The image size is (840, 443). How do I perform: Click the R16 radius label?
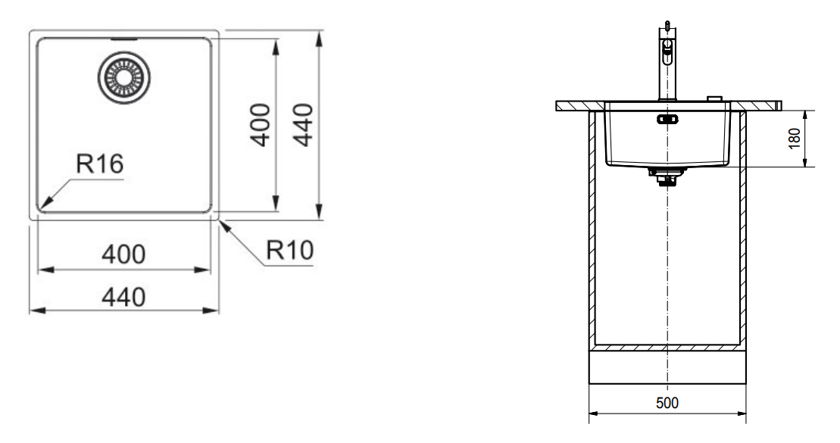100,164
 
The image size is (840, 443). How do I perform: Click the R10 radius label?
290,250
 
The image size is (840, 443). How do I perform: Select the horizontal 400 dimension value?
123,254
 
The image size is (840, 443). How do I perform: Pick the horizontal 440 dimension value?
123,298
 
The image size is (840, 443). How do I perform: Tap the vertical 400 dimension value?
261,125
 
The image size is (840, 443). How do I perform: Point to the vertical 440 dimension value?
303,125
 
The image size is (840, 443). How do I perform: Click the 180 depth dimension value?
795,139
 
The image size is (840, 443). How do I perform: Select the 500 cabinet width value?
667,403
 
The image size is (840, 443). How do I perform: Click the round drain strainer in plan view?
123,78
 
